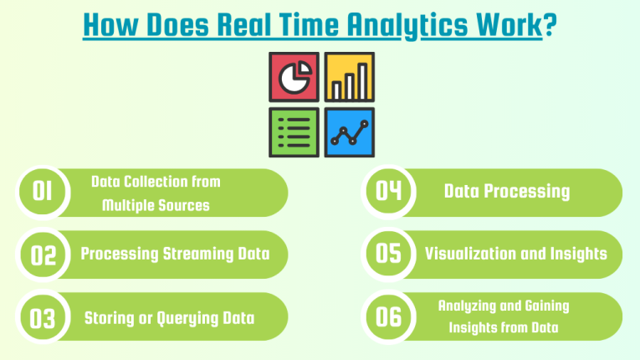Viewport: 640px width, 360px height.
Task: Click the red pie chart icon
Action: [294, 77]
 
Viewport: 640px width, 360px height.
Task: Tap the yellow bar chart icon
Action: [349, 77]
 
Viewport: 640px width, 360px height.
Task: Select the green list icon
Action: [294, 132]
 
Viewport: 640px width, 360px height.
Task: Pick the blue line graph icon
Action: [349, 132]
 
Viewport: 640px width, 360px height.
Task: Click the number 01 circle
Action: [43, 193]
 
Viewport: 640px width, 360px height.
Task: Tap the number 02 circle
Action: [43, 255]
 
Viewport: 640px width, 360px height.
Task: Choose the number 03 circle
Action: [43, 317]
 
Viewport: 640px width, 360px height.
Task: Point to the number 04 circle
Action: [389, 192]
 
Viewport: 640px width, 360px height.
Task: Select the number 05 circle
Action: [389, 254]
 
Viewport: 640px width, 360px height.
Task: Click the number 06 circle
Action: [389, 316]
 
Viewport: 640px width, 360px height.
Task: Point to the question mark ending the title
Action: [550, 23]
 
